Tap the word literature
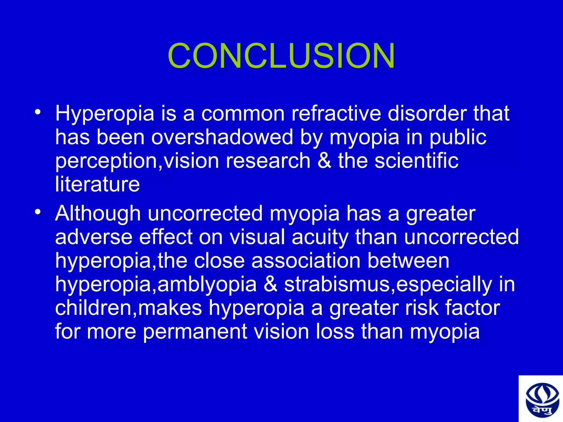(97, 184)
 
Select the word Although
(98, 214)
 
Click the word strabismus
(337, 284)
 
